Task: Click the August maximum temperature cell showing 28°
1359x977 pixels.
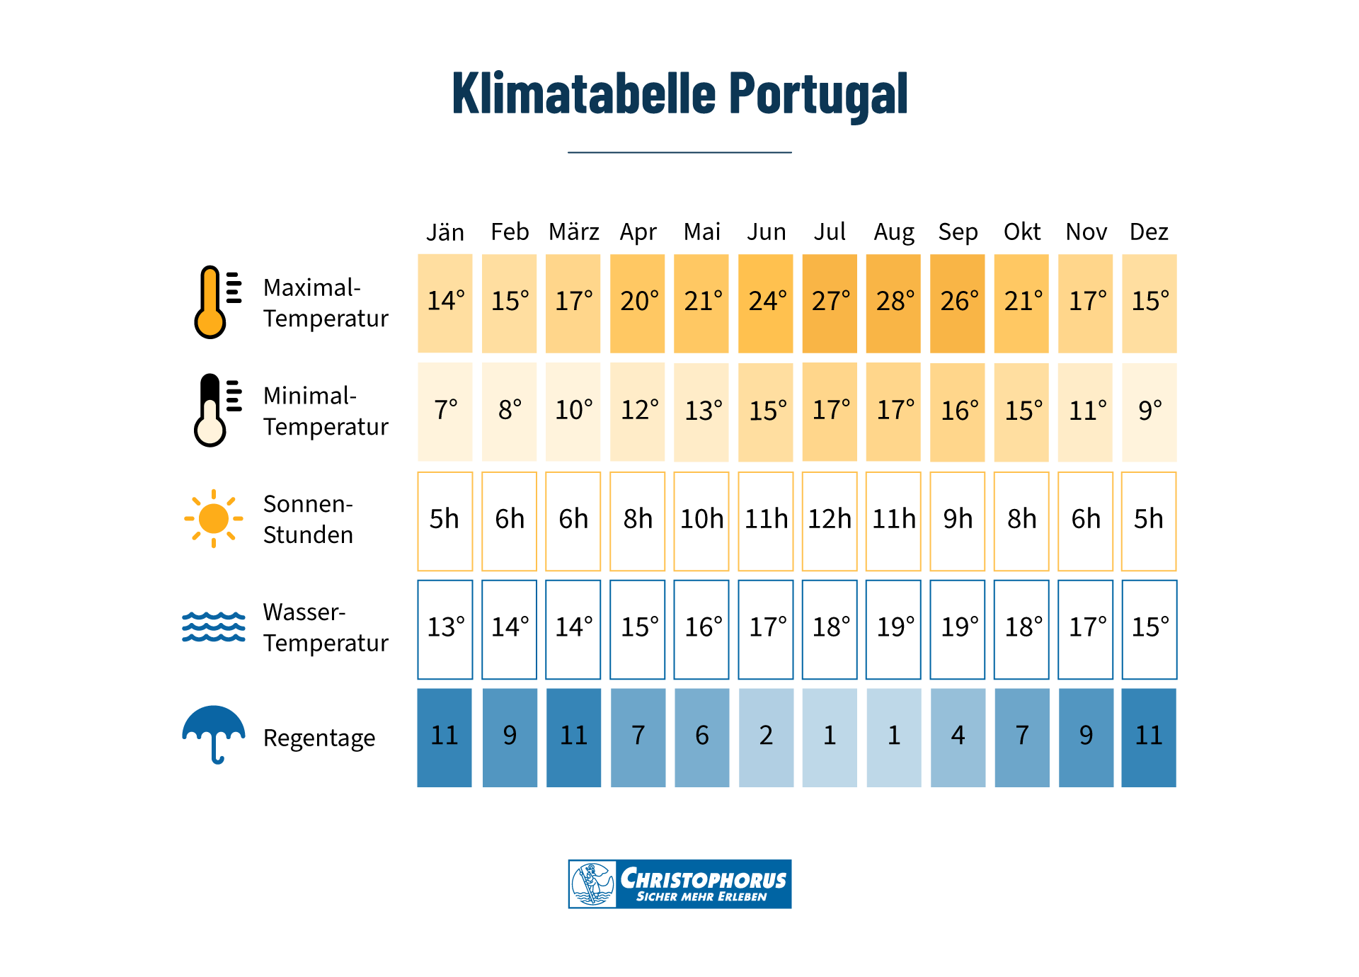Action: [893, 303]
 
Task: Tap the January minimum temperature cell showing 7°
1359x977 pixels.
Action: [445, 411]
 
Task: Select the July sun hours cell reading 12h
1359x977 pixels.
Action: [830, 520]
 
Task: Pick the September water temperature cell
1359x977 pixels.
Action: [957, 629]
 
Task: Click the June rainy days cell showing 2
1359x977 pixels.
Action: [766, 737]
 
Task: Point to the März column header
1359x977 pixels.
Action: [573, 232]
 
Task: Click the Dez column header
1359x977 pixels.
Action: [1148, 232]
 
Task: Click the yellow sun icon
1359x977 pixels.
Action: [214, 518]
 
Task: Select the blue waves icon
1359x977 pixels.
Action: [214, 627]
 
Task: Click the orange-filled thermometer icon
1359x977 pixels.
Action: [211, 303]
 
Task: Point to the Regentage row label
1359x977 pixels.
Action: [319, 738]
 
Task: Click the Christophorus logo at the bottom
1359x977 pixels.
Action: [679, 884]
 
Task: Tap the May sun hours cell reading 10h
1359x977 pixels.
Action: [701, 520]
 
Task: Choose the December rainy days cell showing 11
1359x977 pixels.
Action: [1149, 737]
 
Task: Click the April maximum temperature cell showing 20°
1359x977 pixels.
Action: [637, 303]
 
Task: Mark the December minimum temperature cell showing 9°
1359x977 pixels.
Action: [1149, 411]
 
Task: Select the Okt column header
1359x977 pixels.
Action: [1021, 232]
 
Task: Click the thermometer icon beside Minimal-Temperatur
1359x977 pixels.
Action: [211, 411]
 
